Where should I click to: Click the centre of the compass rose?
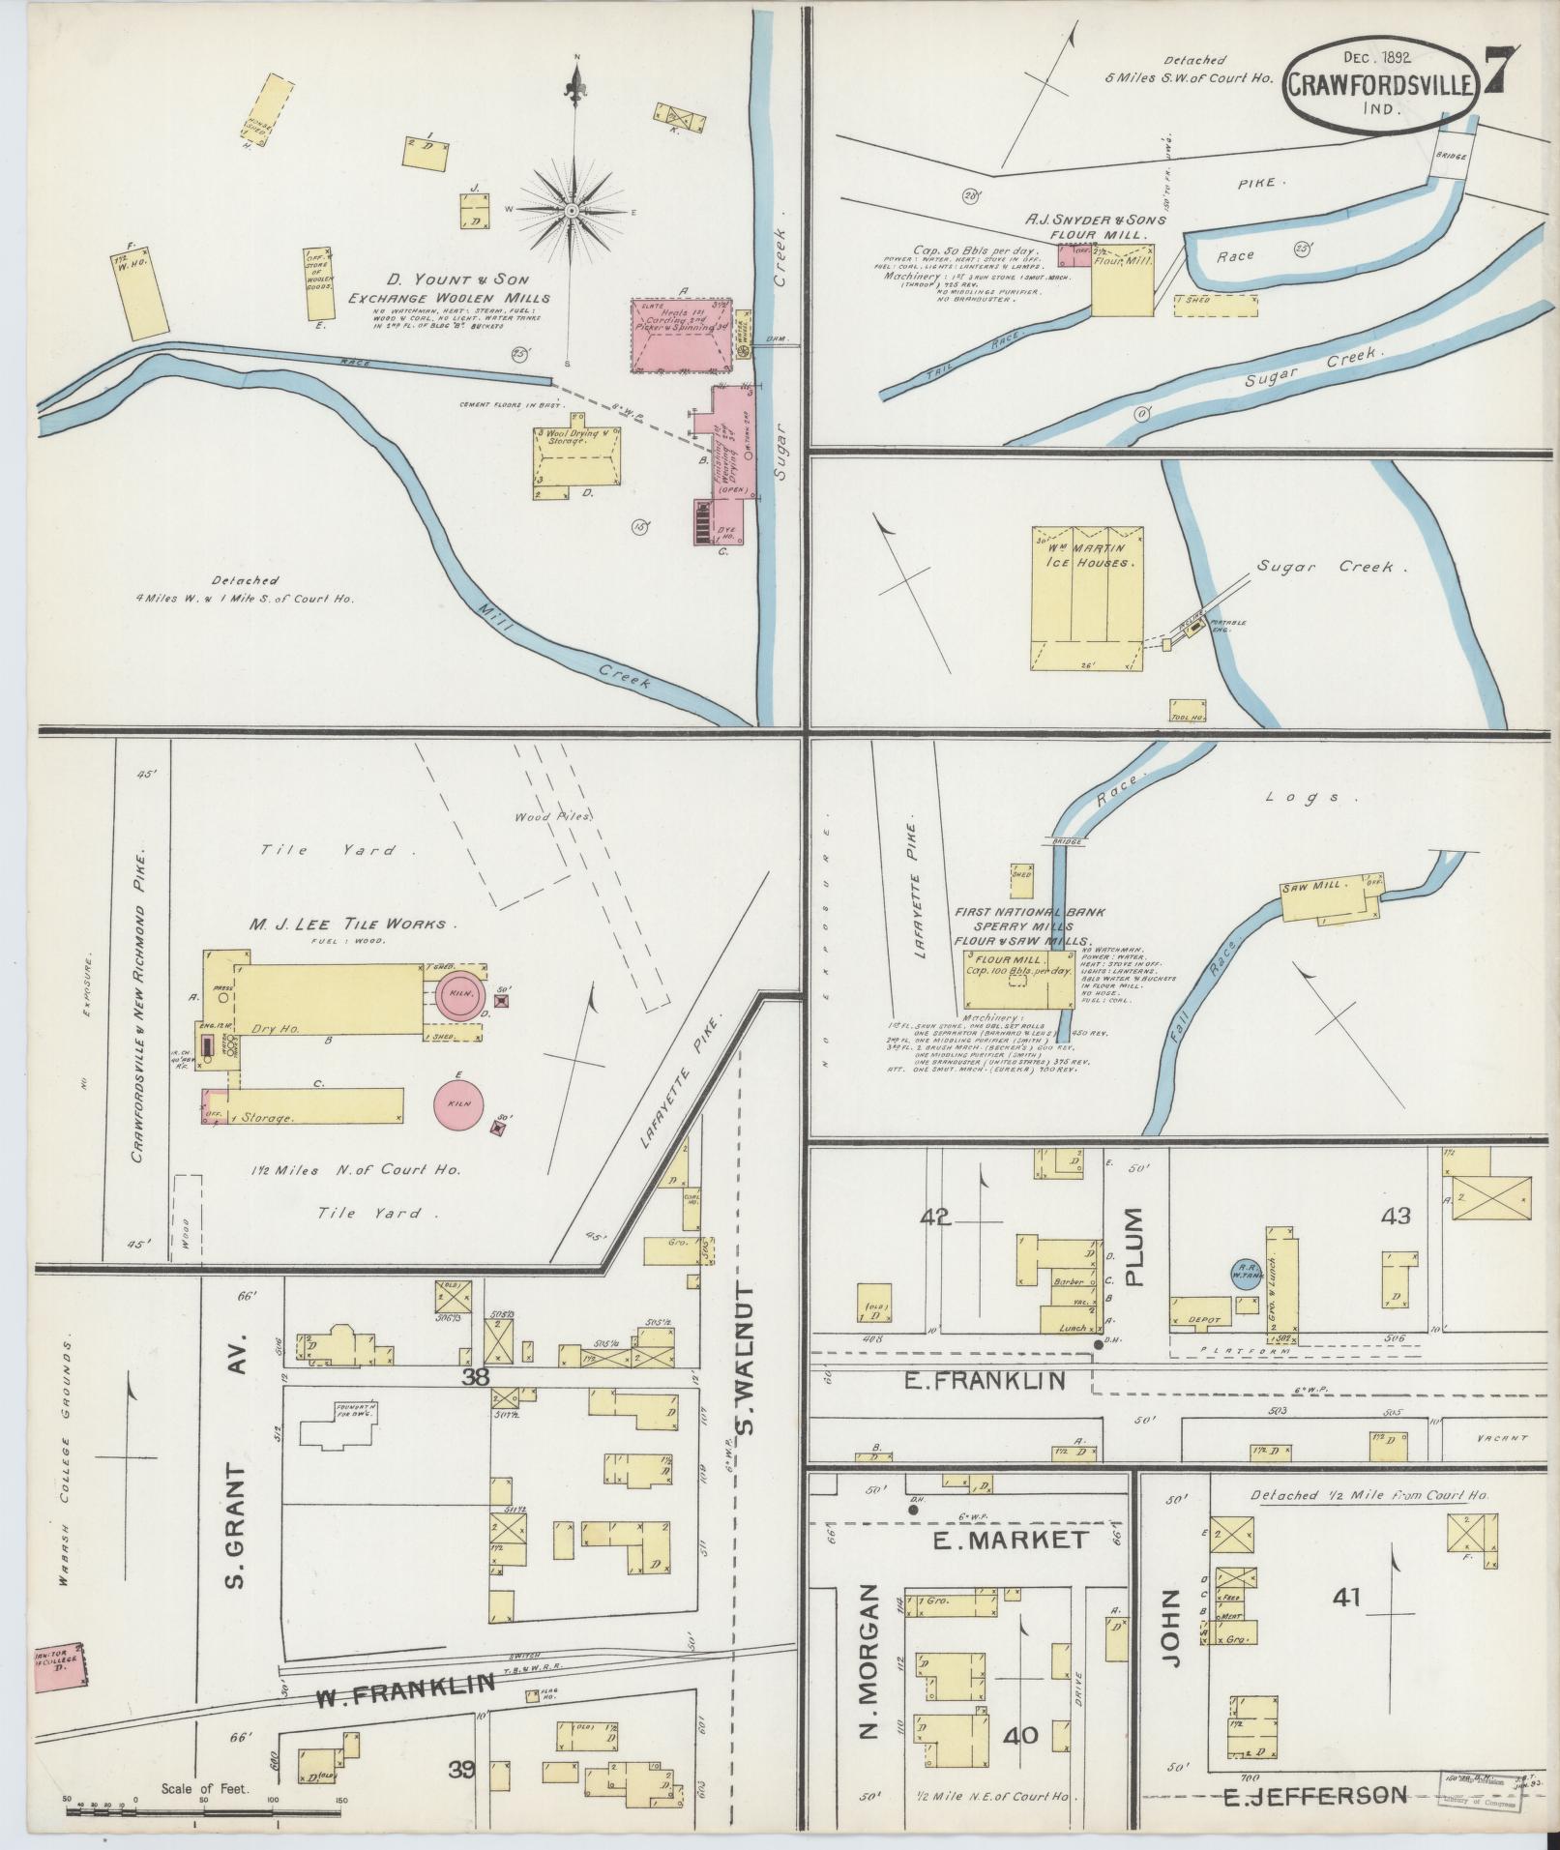573,209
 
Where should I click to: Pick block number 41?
1346,1597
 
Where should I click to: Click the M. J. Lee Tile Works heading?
347,924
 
